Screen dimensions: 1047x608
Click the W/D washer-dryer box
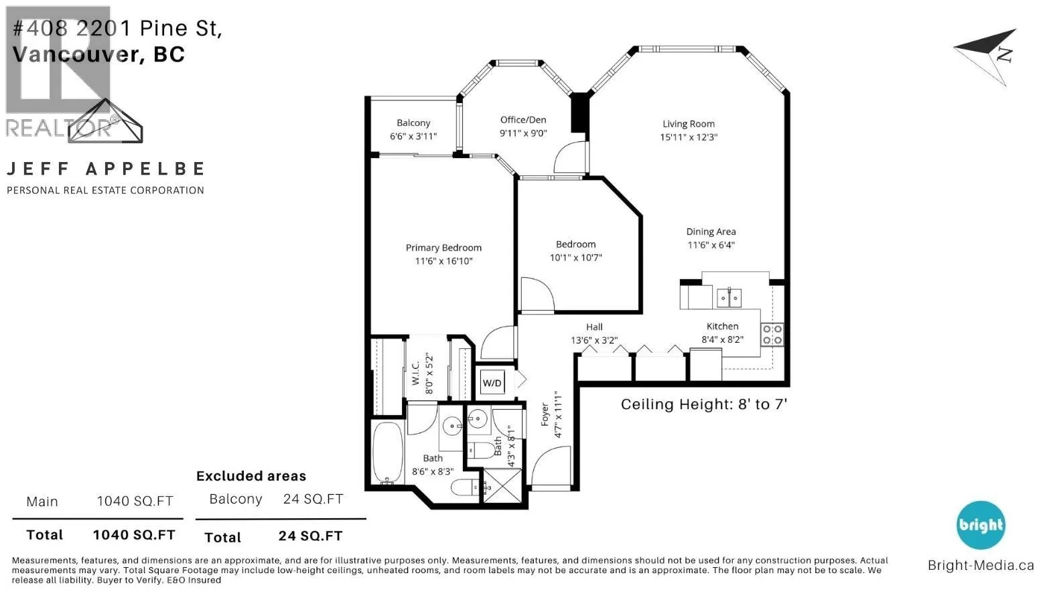(x=492, y=383)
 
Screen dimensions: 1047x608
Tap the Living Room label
(x=689, y=124)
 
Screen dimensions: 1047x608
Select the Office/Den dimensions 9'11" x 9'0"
(x=523, y=133)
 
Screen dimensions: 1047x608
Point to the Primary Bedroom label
(x=443, y=248)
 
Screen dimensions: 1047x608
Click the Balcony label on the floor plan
(x=413, y=123)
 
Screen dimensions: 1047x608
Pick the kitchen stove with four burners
(x=772, y=335)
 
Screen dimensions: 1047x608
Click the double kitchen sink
(x=729, y=298)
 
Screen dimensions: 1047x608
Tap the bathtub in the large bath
(x=388, y=453)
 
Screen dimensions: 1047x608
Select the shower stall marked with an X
(x=502, y=487)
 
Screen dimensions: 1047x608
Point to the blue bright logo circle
(x=980, y=525)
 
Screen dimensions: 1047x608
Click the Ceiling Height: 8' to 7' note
(x=704, y=404)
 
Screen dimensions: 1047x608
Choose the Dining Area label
(x=711, y=231)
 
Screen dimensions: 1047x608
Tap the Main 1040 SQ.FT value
(x=135, y=501)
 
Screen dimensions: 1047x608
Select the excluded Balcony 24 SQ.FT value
(x=313, y=499)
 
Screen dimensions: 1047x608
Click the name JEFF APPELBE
(x=106, y=169)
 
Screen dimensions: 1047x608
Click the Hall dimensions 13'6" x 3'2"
(x=594, y=340)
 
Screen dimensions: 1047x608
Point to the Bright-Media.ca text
(x=981, y=565)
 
